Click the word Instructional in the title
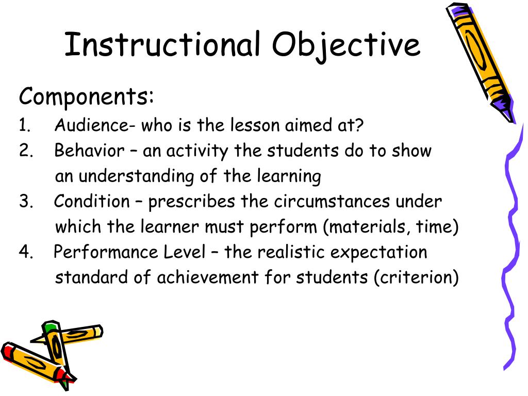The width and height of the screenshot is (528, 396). pyautogui.click(x=161, y=44)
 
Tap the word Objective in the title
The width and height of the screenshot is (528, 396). pyautogui.click(x=346, y=45)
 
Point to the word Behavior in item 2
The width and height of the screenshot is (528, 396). pyautogui.click(x=89, y=151)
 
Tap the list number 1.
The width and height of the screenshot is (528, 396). pyautogui.click(x=24, y=126)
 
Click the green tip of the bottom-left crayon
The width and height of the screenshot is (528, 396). pyautogui.click(x=49, y=327)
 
